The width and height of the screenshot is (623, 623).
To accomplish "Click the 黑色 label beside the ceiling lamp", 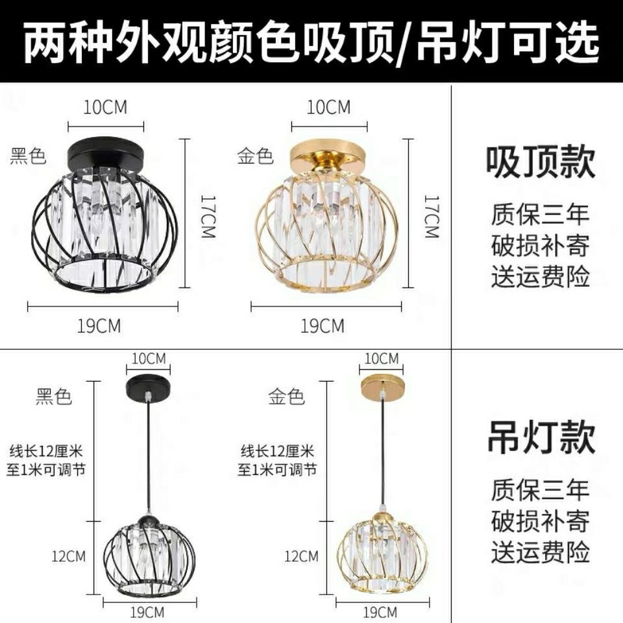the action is click(28, 156).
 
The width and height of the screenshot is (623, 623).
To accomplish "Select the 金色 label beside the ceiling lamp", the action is click(255, 156).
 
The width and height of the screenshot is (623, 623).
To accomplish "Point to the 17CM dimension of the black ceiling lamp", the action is click(208, 216).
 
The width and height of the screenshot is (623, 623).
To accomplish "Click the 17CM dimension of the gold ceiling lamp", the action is click(432, 216).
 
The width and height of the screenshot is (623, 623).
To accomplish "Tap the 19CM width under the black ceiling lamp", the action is click(99, 326).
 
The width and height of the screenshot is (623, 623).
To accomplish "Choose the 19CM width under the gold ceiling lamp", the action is click(323, 326).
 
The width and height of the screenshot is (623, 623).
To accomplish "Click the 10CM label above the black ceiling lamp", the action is click(105, 107).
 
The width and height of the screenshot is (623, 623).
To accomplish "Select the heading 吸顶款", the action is click(541, 162).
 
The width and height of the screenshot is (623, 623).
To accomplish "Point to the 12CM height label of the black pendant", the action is click(69, 556).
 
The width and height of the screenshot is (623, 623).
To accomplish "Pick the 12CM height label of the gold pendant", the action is click(301, 556).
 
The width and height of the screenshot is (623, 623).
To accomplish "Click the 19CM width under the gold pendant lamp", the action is click(380, 612).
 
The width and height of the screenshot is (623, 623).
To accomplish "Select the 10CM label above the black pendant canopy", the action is click(149, 358).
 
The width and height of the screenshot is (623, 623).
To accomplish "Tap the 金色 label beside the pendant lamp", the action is click(286, 397).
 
